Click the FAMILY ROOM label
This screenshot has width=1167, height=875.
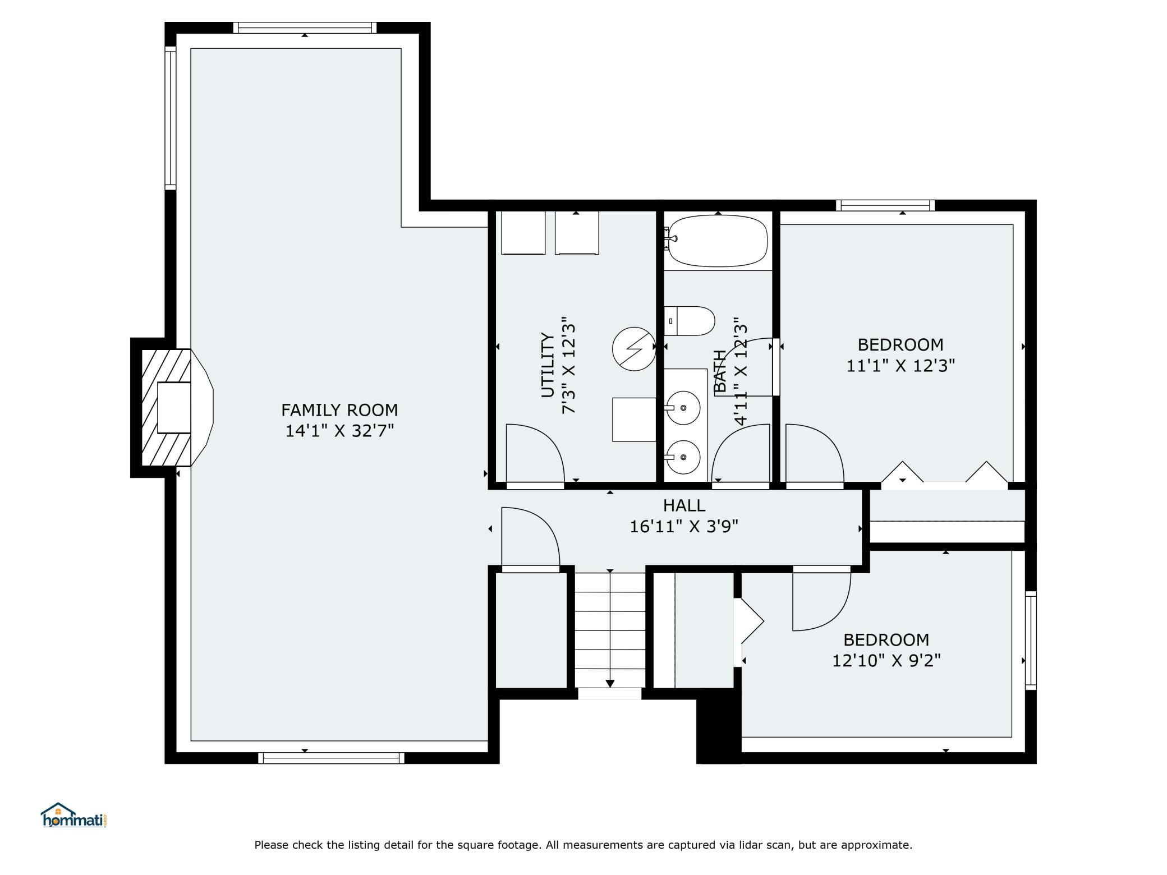pos(339,410)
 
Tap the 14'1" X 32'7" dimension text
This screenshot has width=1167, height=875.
pos(339,431)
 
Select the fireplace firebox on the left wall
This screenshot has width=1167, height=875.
pos(174,407)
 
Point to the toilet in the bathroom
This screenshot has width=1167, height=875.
pos(690,321)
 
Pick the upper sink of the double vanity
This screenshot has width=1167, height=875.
pos(683,407)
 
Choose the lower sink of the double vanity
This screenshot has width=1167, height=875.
pos(683,457)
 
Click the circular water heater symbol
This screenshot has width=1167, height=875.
pos(634,348)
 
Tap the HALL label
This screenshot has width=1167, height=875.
pos(684,505)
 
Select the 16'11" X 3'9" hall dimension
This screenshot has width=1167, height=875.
pos(684,526)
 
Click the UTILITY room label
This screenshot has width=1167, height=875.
pos(548,365)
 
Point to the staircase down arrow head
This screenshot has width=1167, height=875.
pos(610,683)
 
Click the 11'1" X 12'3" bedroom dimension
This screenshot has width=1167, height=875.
pos(900,366)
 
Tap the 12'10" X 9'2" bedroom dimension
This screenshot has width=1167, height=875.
pos(886,660)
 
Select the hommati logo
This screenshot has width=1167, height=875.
pos(74,815)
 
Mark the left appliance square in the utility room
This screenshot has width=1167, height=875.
pos(523,233)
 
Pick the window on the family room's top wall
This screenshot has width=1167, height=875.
pos(305,27)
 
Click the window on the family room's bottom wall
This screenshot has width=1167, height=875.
pos(331,758)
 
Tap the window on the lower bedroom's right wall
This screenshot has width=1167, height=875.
pos(1031,640)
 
